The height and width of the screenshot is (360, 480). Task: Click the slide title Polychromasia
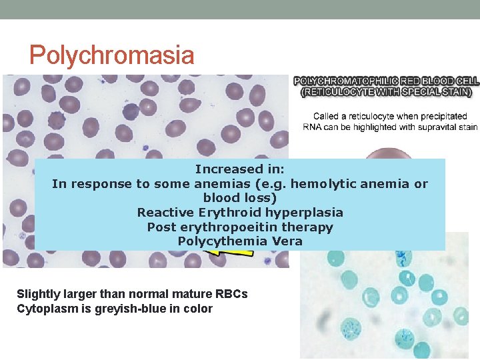tap(112, 55)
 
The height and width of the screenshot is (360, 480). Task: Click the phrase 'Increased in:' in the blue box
tap(239, 169)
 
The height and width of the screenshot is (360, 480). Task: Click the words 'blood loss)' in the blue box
tap(239, 198)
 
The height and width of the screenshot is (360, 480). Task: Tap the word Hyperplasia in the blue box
tap(304, 212)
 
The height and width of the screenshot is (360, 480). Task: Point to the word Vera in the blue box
tap(287, 241)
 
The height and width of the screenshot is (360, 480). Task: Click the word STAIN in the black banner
tap(453, 92)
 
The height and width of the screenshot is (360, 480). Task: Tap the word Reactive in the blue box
tap(165, 212)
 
